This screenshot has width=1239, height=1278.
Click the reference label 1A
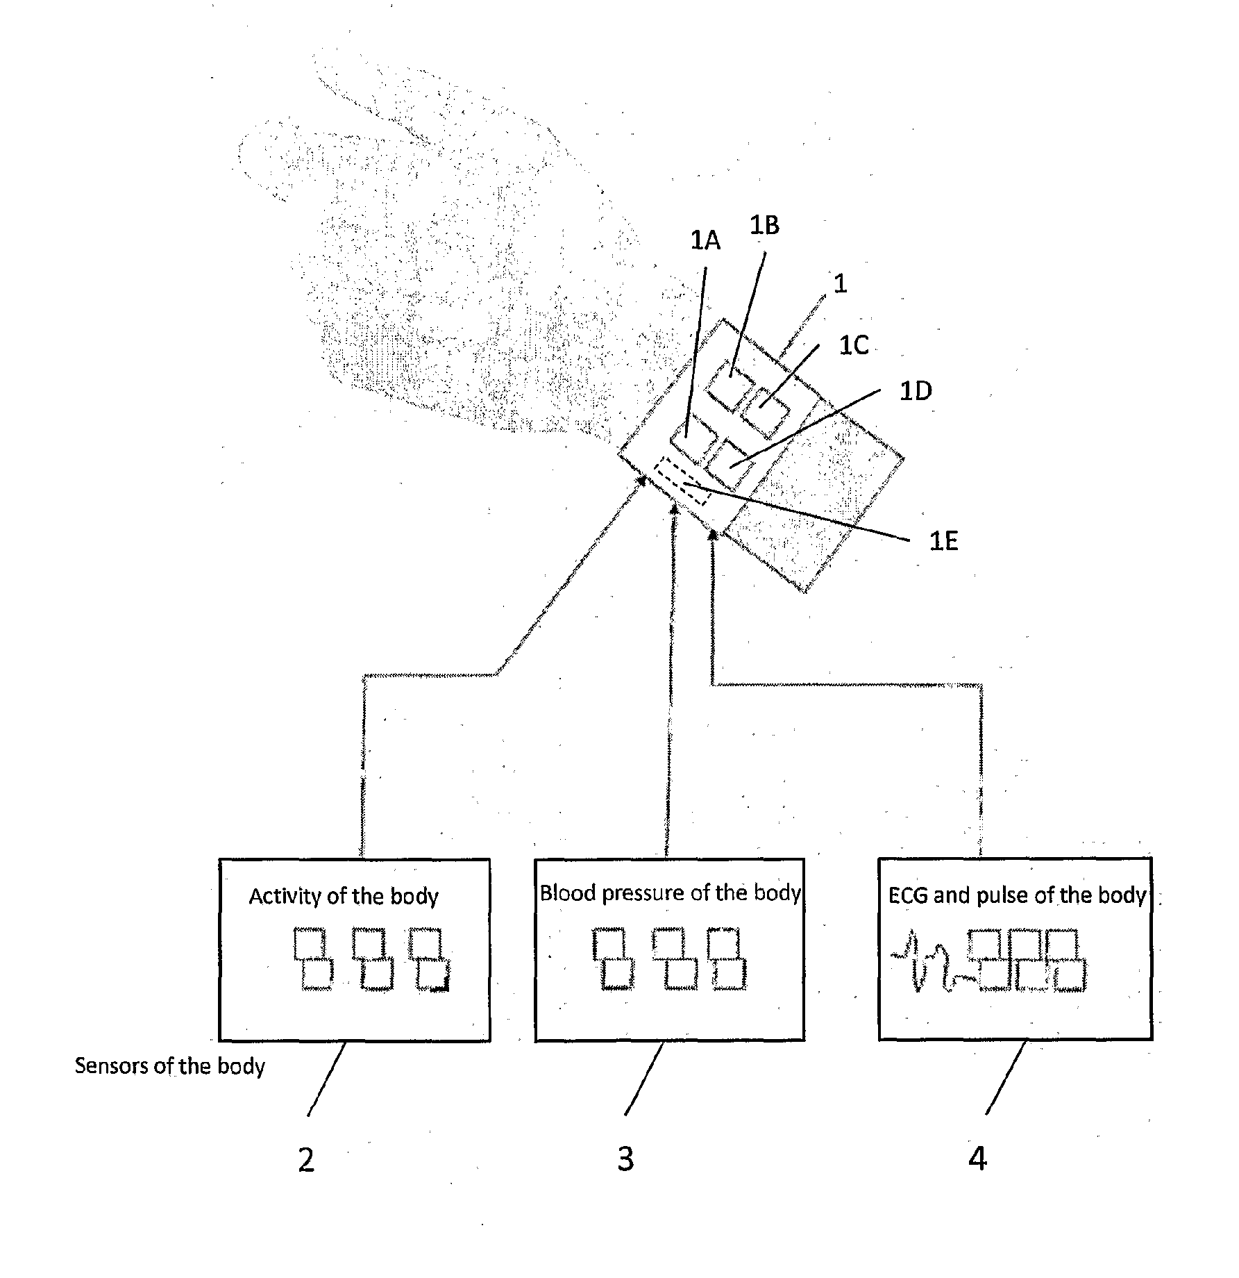coord(705,240)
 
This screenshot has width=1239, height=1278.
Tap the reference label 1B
coord(764,225)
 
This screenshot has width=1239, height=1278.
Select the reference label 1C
coord(854,345)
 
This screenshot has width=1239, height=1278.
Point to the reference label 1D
coord(915,391)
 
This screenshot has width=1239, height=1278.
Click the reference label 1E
coord(943,541)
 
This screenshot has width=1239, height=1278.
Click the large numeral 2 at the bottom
coord(306,1159)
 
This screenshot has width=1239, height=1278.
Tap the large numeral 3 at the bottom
coord(625,1159)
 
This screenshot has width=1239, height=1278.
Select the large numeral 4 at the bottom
coord(977,1158)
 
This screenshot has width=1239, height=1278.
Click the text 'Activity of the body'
coord(344,896)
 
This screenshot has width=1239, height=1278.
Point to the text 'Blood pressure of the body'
coord(670,893)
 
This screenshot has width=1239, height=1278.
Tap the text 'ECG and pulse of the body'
coord(1017,895)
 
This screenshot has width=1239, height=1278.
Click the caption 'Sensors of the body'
coord(170,1065)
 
